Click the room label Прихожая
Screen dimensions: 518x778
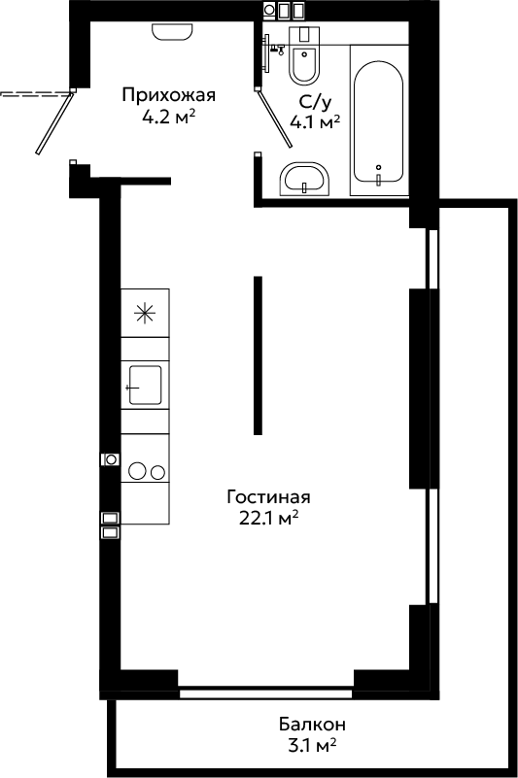[169, 95]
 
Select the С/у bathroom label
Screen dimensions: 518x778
[314, 102]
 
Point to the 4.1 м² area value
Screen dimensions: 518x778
[315, 122]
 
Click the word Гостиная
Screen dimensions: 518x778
[268, 496]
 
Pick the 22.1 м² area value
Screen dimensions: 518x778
[268, 519]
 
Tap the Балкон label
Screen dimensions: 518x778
[312, 725]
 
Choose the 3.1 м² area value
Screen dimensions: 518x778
[312, 745]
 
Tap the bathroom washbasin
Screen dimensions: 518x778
[304, 179]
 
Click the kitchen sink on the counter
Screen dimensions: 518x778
[145, 385]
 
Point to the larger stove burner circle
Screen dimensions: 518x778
[138, 471]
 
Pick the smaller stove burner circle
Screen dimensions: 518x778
[158, 472]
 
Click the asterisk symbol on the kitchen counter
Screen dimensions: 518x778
[146, 313]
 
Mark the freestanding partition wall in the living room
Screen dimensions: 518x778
[258, 355]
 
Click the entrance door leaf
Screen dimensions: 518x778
[54, 122]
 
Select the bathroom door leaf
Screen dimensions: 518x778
[275, 118]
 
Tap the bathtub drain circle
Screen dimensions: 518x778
[378, 167]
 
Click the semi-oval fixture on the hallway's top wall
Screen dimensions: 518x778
[172, 32]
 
